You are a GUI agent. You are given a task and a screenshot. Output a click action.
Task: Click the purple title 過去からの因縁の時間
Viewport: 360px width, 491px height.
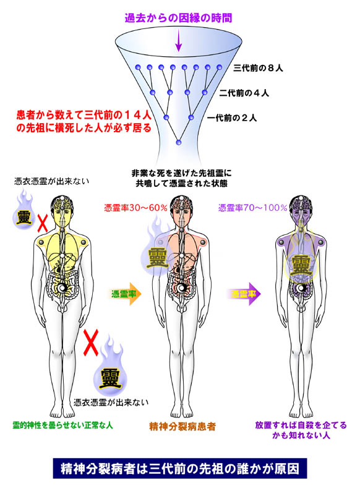pos(178,18)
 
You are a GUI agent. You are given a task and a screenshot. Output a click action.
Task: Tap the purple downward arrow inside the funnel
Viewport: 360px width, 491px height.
pos(178,40)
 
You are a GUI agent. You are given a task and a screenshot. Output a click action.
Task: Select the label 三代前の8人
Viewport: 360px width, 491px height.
pos(258,68)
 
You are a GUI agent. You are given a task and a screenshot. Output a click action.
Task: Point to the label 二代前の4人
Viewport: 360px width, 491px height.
pos(244,93)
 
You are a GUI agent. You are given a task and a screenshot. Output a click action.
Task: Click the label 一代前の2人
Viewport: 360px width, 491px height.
pos(232,118)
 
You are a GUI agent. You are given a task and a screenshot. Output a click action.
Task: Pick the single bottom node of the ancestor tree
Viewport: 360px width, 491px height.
pos(179,142)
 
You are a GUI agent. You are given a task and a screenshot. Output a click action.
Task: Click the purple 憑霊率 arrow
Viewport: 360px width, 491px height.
pos(244,294)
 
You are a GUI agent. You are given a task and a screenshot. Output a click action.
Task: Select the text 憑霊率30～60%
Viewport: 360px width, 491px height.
pos(135,208)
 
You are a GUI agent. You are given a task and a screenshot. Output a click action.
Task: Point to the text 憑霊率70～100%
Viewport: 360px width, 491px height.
pos(253,208)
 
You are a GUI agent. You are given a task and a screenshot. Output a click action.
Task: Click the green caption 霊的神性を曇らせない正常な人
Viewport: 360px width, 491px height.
pos(62,425)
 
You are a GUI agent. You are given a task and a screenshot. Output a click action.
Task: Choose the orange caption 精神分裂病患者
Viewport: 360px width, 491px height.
pos(182,426)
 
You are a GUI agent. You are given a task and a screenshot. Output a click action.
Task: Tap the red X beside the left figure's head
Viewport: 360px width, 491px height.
pos(43,223)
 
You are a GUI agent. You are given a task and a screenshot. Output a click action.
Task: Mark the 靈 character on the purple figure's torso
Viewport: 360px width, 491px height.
pos(301,265)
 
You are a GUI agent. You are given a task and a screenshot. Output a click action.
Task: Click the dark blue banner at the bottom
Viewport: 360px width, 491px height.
pos(180,469)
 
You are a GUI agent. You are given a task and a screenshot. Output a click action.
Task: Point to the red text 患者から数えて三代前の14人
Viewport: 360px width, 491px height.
pos(84,116)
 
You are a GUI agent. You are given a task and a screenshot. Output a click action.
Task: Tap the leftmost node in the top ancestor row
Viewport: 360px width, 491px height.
pos(137,67)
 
